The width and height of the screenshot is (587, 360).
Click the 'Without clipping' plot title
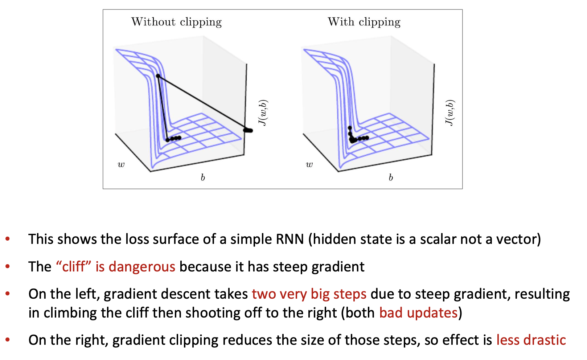click(176, 22)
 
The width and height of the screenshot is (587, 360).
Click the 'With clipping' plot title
click(364, 22)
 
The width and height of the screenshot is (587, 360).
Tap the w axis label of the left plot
click(121, 165)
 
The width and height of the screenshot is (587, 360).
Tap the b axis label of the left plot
click(203, 177)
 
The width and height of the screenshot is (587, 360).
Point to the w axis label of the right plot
click(309, 165)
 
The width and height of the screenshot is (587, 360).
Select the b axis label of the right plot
click(391, 177)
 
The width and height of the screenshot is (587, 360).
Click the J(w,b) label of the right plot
click(450, 113)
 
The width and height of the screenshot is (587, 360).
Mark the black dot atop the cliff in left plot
click(158, 76)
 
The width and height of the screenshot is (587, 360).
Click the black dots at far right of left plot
click(248, 130)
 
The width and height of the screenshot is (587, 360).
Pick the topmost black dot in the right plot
click(350, 128)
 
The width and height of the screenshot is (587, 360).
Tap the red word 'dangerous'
click(142, 267)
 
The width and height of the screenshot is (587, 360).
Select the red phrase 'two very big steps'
click(309, 294)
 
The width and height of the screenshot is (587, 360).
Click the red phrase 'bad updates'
click(418, 313)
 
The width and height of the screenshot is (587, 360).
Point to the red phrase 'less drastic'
click(531, 340)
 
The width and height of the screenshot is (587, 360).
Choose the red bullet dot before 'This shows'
click(8, 240)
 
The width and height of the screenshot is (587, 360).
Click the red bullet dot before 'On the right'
click(8, 340)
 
